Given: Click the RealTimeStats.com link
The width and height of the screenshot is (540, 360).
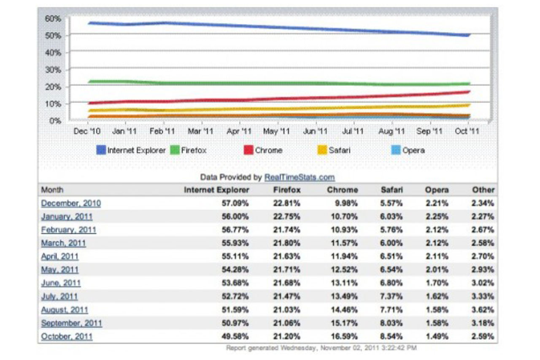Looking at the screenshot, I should pyautogui.click(x=299, y=177).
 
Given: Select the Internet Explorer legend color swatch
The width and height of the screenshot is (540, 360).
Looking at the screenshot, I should pyautogui.click(x=101, y=150).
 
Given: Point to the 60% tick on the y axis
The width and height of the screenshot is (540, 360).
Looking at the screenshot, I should pyautogui.click(x=53, y=19).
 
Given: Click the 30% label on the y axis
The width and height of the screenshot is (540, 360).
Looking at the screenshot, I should pyautogui.click(x=53, y=70).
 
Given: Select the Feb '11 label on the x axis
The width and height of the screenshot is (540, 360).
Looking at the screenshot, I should pyautogui.click(x=162, y=131).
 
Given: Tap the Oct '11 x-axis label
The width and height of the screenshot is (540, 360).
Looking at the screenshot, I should pyautogui.click(x=467, y=131).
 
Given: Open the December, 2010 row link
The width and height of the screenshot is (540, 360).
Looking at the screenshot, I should pyautogui.click(x=71, y=203).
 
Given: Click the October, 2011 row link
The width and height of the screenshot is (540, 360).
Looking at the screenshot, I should pyautogui.click(x=67, y=336).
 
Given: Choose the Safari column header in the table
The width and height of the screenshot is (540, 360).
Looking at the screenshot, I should pyautogui.click(x=391, y=190).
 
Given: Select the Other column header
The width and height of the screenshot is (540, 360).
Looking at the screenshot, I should pyautogui.click(x=483, y=190).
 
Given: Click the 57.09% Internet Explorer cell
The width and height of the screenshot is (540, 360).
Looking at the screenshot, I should pyautogui.click(x=235, y=203).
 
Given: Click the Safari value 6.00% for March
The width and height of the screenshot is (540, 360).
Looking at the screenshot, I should pyautogui.click(x=391, y=243).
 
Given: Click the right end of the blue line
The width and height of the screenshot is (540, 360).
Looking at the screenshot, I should pyautogui.click(x=468, y=35).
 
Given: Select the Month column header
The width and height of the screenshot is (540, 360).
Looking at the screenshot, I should pyautogui.click(x=52, y=190).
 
